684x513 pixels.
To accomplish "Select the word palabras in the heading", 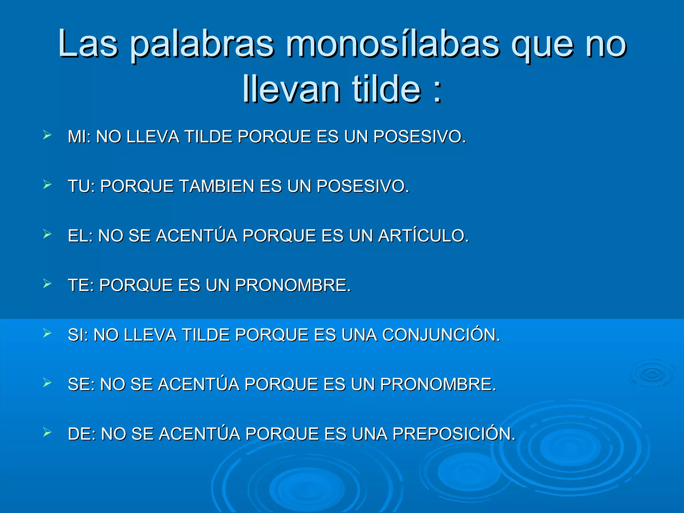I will tap(202, 45).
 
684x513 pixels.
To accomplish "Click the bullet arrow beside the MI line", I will tap(47, 135).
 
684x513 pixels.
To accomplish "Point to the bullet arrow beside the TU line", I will tap(47, 184).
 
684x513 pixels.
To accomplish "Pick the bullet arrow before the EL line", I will tap(47, 234).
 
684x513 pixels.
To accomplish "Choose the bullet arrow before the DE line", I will tap(47, 433).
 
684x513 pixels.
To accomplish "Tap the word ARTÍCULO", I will tap(423, 235).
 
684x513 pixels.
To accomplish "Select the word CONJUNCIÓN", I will tap(441, 335).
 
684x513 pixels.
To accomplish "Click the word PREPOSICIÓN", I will tap(454, 434).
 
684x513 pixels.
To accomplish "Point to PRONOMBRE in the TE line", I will tap(293, 285).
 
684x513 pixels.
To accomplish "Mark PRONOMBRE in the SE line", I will tap(438, 384).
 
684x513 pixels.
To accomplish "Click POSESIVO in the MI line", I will tap(419, 137).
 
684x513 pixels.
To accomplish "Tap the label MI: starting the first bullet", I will tap(79, 137).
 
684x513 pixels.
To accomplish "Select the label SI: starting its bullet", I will tap(78, 335).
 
